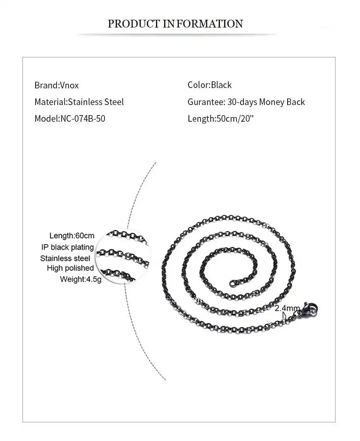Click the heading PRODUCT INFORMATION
175,24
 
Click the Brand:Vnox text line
57,85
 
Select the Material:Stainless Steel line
79,102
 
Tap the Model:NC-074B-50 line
70,119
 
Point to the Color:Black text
209,85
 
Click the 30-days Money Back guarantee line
246,102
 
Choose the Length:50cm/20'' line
220,119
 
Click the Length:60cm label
72,236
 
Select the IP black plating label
68,247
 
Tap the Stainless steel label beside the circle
65,258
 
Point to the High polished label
70,268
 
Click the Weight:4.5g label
81,279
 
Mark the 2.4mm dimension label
287,308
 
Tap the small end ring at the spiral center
232,284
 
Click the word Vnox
69,85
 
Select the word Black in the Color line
221,85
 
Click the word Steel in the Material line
114,102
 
